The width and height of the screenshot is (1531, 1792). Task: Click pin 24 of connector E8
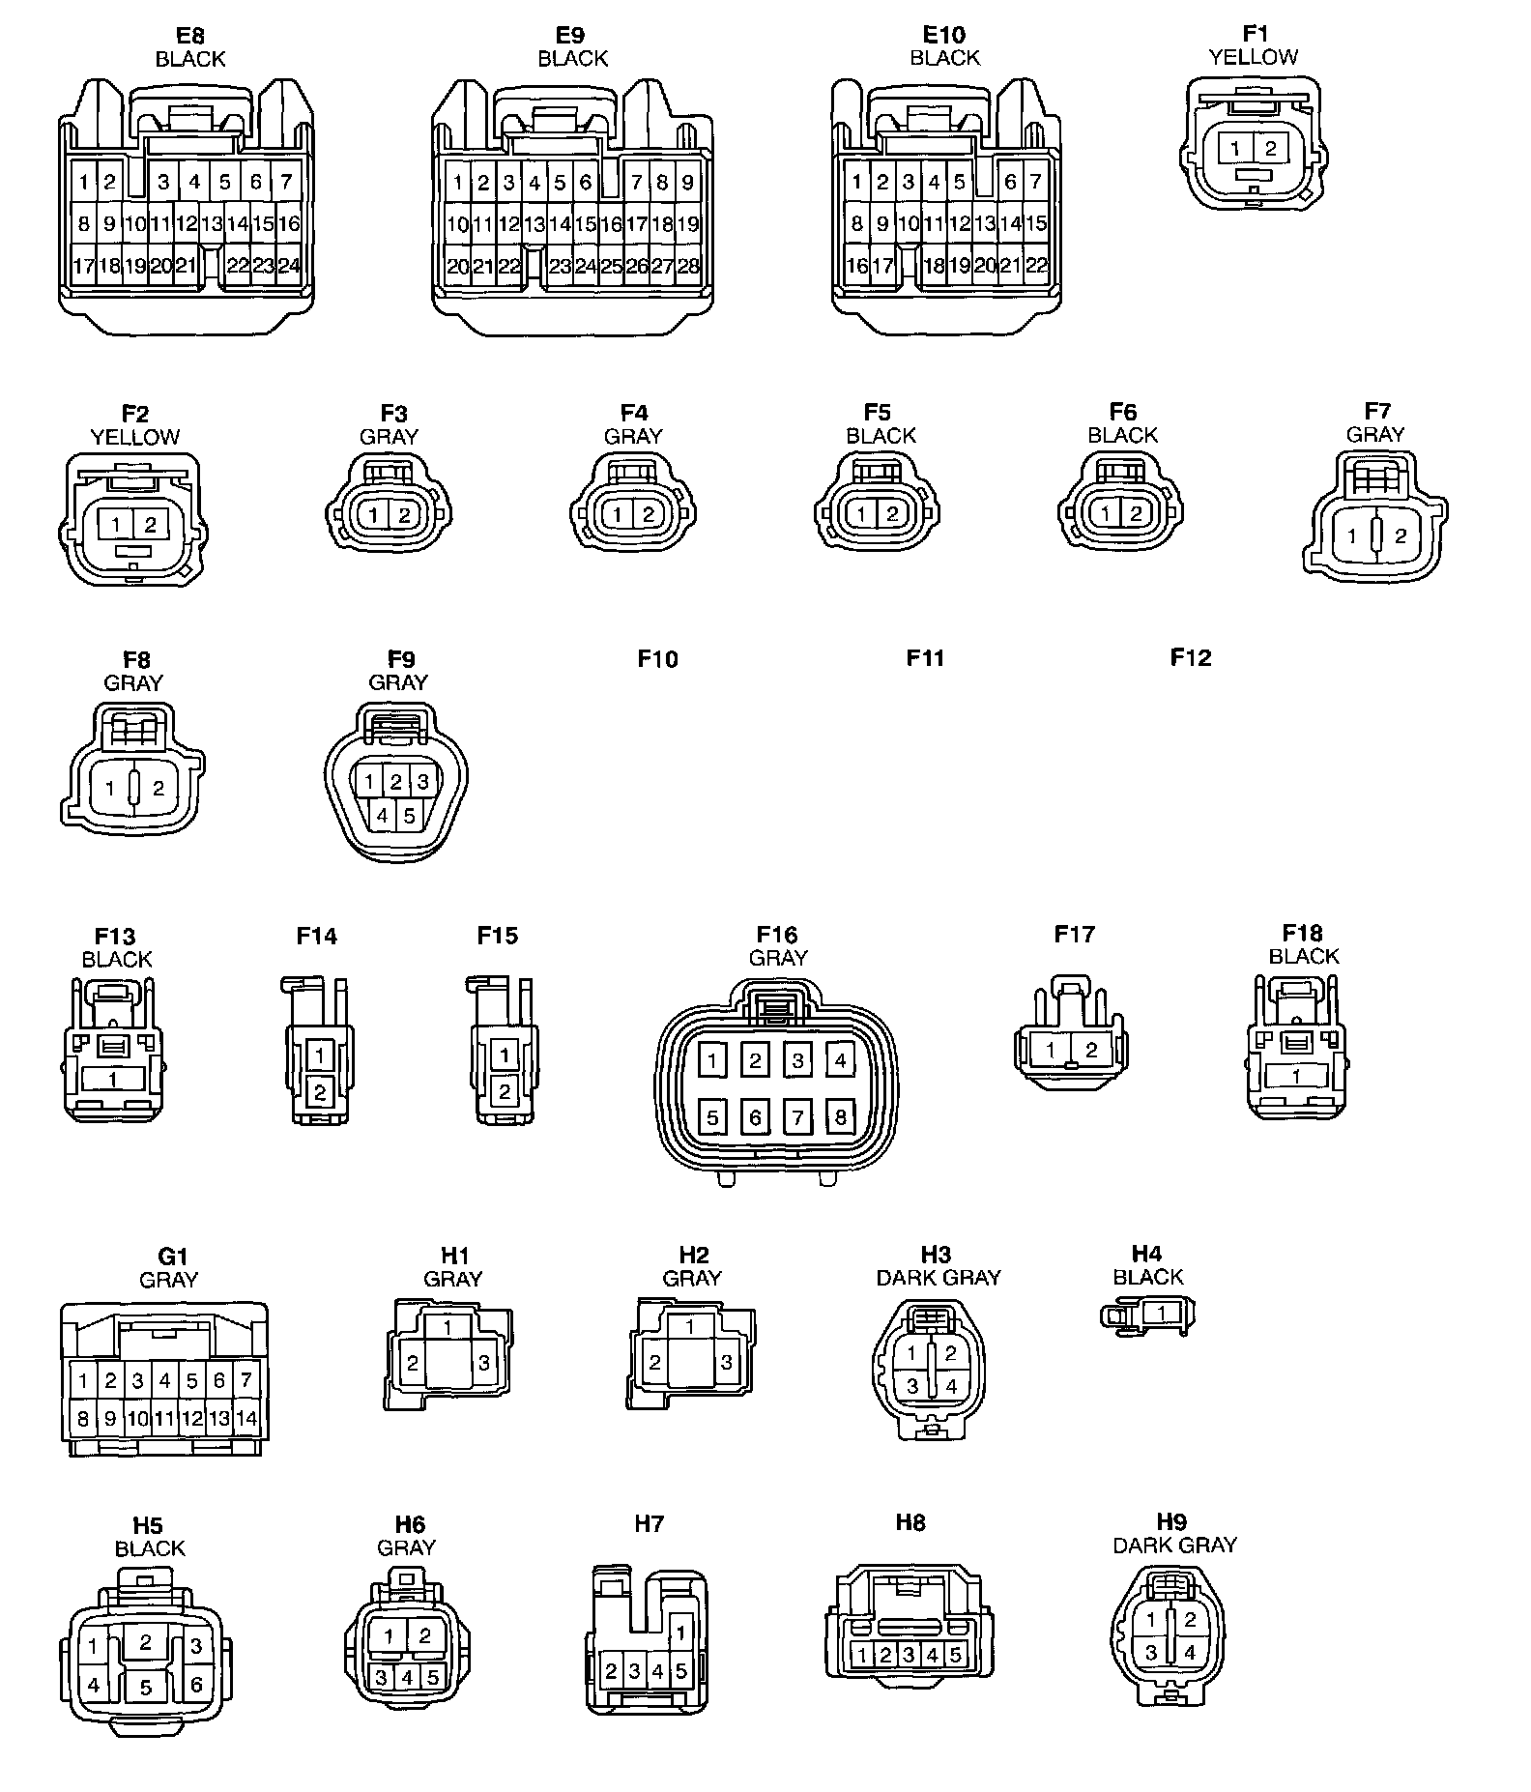[x=288, y=266]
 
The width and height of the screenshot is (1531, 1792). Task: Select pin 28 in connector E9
[x=688, y=266]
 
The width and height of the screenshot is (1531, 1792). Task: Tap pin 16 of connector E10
[x=856, y=266]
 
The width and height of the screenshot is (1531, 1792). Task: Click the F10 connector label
[x=657, y=659]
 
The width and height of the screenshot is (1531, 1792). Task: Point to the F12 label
[x=1190, y=657]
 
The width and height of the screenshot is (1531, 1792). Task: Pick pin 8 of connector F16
[x=840, y=1118]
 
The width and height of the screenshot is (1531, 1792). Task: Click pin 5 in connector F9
[x=409, y=815]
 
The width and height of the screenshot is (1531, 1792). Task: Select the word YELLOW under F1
[x=1254, y=57]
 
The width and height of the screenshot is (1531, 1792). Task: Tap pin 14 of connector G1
[x=246, y=1419]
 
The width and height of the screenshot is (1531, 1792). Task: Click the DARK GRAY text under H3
[x=938, y=1278]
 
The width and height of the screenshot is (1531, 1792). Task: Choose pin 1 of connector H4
[x=1162, y=1313]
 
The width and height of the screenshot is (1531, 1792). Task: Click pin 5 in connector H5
[x=146, y=1688]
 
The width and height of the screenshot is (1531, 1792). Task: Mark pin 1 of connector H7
[x=681, y=1633]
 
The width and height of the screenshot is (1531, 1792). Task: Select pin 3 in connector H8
[x=909, y=1655]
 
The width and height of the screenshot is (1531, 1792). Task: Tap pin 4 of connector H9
[x=1190, y=1653]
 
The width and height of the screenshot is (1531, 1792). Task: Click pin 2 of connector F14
[x=320, y=1093]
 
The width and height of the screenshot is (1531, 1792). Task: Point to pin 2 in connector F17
[x=1091, y=1050]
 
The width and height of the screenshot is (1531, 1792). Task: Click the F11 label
[x=925, y=658]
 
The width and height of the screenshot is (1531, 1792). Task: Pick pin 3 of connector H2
[x=727, y=1363]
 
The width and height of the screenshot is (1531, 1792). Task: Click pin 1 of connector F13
[x=113, y=1079]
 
